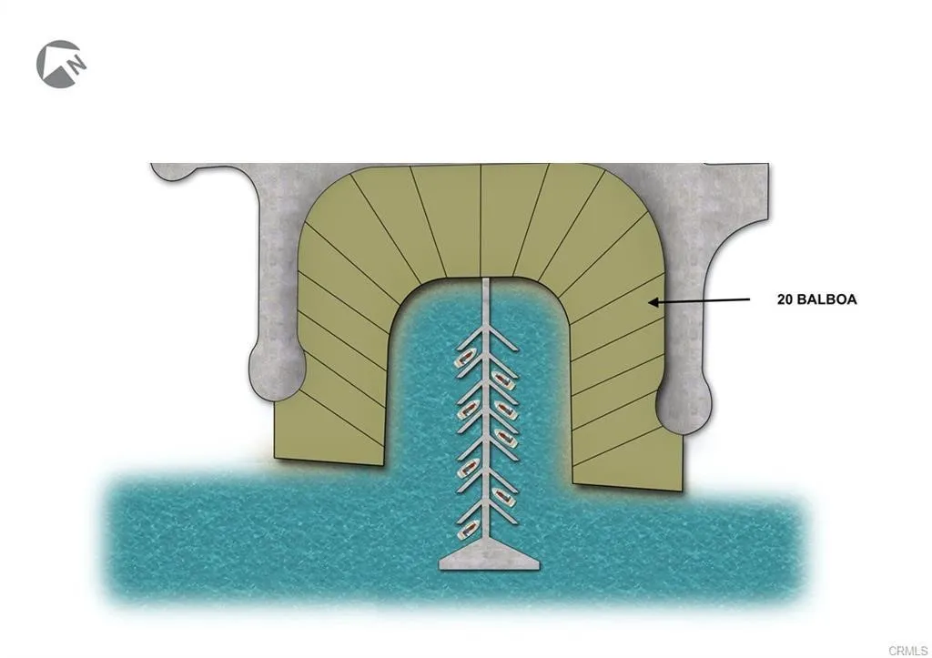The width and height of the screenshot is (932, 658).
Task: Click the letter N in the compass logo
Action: (x=79, y=65)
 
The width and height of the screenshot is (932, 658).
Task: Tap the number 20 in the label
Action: (x=786, y=299)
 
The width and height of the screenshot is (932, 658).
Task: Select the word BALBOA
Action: (x=829, y=299)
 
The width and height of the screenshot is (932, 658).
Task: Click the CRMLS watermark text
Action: (x=910, y=650)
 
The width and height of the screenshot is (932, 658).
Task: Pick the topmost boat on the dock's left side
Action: (x=464, y=358)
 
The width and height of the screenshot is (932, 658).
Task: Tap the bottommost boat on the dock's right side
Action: (x=501, y=497)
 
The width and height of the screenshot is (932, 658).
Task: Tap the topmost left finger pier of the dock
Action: (x=469, y=339)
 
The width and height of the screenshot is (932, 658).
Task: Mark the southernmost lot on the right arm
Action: (x=628, y=464)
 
